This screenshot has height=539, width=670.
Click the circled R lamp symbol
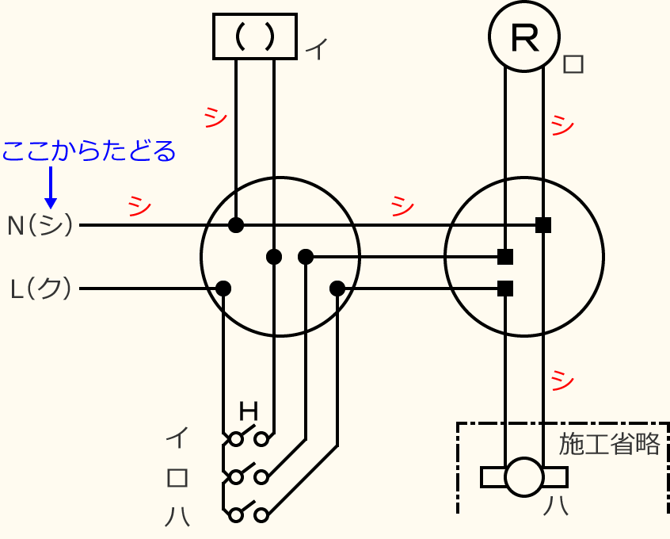pyautogui.click(x=524, y=36)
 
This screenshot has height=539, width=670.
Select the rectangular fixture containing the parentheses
pyautogui.click(x=255, y=36)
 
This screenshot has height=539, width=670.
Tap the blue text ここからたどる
pyautogui.click(x=88, y=151)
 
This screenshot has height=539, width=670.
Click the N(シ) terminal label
pyautogui.click(x=40, y=226)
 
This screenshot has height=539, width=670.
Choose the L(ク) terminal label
pyautogui.click(x=40, y=289)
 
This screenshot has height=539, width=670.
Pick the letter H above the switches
pyautogui.click(x=249, y=411)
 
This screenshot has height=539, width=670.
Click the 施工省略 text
pyautogui.click(x=609, y=444)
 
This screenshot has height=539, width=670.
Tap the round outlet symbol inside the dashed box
pyautogui.click(x=524, y=477)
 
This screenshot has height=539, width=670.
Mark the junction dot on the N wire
pyautogui.click(x=236, y=225)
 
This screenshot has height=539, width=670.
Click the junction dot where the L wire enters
pyautogui.click(x=223, y=288)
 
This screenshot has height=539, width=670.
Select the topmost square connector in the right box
pyautogui.click(x=543, y=225)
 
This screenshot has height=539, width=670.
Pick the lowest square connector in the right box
pyautogui.click(x=505, y=288)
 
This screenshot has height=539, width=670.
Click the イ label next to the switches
pyautogui.click(x=177, y=436)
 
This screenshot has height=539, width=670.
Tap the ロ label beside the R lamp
pyautogui.click(x=573, y=64)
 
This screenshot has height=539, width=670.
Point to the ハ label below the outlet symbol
pyautogui.click(x=554, y=505)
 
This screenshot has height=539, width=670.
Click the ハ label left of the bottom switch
pyautogui.click(x=177, y=516)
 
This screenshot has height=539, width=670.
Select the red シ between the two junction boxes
pyautogui.click(x=402, y=206)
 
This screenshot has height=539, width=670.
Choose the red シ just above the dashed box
pyautogui.click(x=562, y=380)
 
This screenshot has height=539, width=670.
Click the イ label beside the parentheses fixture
pyautogui.click(x=316, y=50)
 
